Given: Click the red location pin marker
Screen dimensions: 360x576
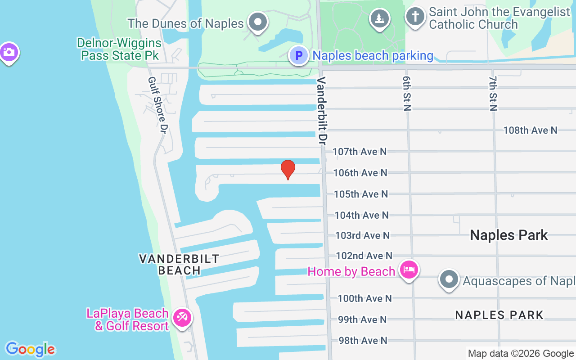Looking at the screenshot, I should pyautogui.click(x=288, y=169).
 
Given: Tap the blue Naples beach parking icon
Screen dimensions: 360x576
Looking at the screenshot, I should pyautogui.click(x=298, y=56).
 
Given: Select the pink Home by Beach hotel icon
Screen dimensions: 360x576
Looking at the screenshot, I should pyautogui.click(x=409, y=270).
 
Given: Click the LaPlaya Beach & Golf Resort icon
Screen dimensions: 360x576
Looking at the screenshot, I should pyautogui.click(x=182, y=318).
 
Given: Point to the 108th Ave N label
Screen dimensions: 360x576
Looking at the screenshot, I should pyautogui.click(x=530, y=130).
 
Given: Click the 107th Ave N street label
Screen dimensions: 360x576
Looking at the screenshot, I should pyautogui.click(x=360, y=152).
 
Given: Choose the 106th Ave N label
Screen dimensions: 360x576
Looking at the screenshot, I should pyautogui.click(x=360, y=173).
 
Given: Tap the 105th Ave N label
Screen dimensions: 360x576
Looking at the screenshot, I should pyautogui.click(x=360, y=194).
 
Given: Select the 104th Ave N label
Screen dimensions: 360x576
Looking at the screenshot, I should pyautogui.click(x=361, y=215).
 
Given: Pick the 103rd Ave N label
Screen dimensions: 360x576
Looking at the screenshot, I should pyautogui.click(x=362, y=235).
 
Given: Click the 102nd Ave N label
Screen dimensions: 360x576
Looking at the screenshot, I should pyautogui.click(x=364, y=256).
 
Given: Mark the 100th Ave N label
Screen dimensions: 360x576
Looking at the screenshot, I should pyautogui.click(x=364, y=298).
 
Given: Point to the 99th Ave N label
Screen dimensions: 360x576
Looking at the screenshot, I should pyautogui.click(x=362, y=319).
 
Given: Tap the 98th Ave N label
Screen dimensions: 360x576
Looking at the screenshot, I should pyautogui.click(x=363, y=341).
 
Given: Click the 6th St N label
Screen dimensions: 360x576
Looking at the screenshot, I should pyautogui.click(x=407, y=93).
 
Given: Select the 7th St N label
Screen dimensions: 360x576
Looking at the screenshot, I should pyautogui.click(x=493, y=93).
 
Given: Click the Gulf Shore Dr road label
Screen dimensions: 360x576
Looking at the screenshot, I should pyautogui.click(x=157, y=105).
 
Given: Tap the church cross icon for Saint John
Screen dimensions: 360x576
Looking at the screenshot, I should pyautogui.click(x=415, y=17).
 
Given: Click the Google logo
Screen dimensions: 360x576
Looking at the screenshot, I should pyautogui.click(x=30, y=349).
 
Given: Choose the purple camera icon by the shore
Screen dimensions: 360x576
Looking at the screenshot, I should pyautogui.click(x=9, y=53).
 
